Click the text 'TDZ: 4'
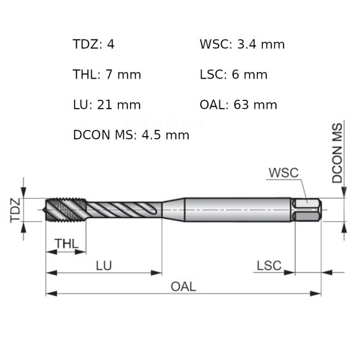(94, 45)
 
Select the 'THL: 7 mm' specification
(107, 75)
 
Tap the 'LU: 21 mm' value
(107, 105)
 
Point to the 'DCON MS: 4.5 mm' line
(131, 135)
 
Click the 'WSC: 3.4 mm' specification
(242, 45)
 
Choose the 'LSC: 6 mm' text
(233, 75)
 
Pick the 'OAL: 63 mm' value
(238, 105)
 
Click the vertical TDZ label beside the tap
(14, 210)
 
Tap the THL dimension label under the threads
(66, 244)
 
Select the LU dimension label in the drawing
(104, 266)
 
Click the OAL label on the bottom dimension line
(183, 287)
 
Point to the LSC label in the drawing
(269, 266)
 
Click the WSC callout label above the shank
(283, 173)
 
